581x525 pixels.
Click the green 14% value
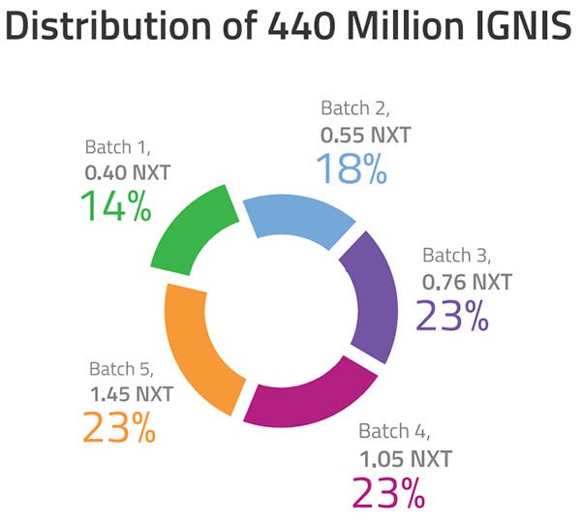click(x=115, y=206)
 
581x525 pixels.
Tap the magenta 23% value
click(x=388, y=492)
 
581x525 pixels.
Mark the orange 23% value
click(x=119, y=426)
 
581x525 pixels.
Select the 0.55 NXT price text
click(x=365, y=135)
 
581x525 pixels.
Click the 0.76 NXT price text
click(x=467, y=283)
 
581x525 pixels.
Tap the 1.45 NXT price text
click(x=132, y=393)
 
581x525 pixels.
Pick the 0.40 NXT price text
click(x=127, y=174)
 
